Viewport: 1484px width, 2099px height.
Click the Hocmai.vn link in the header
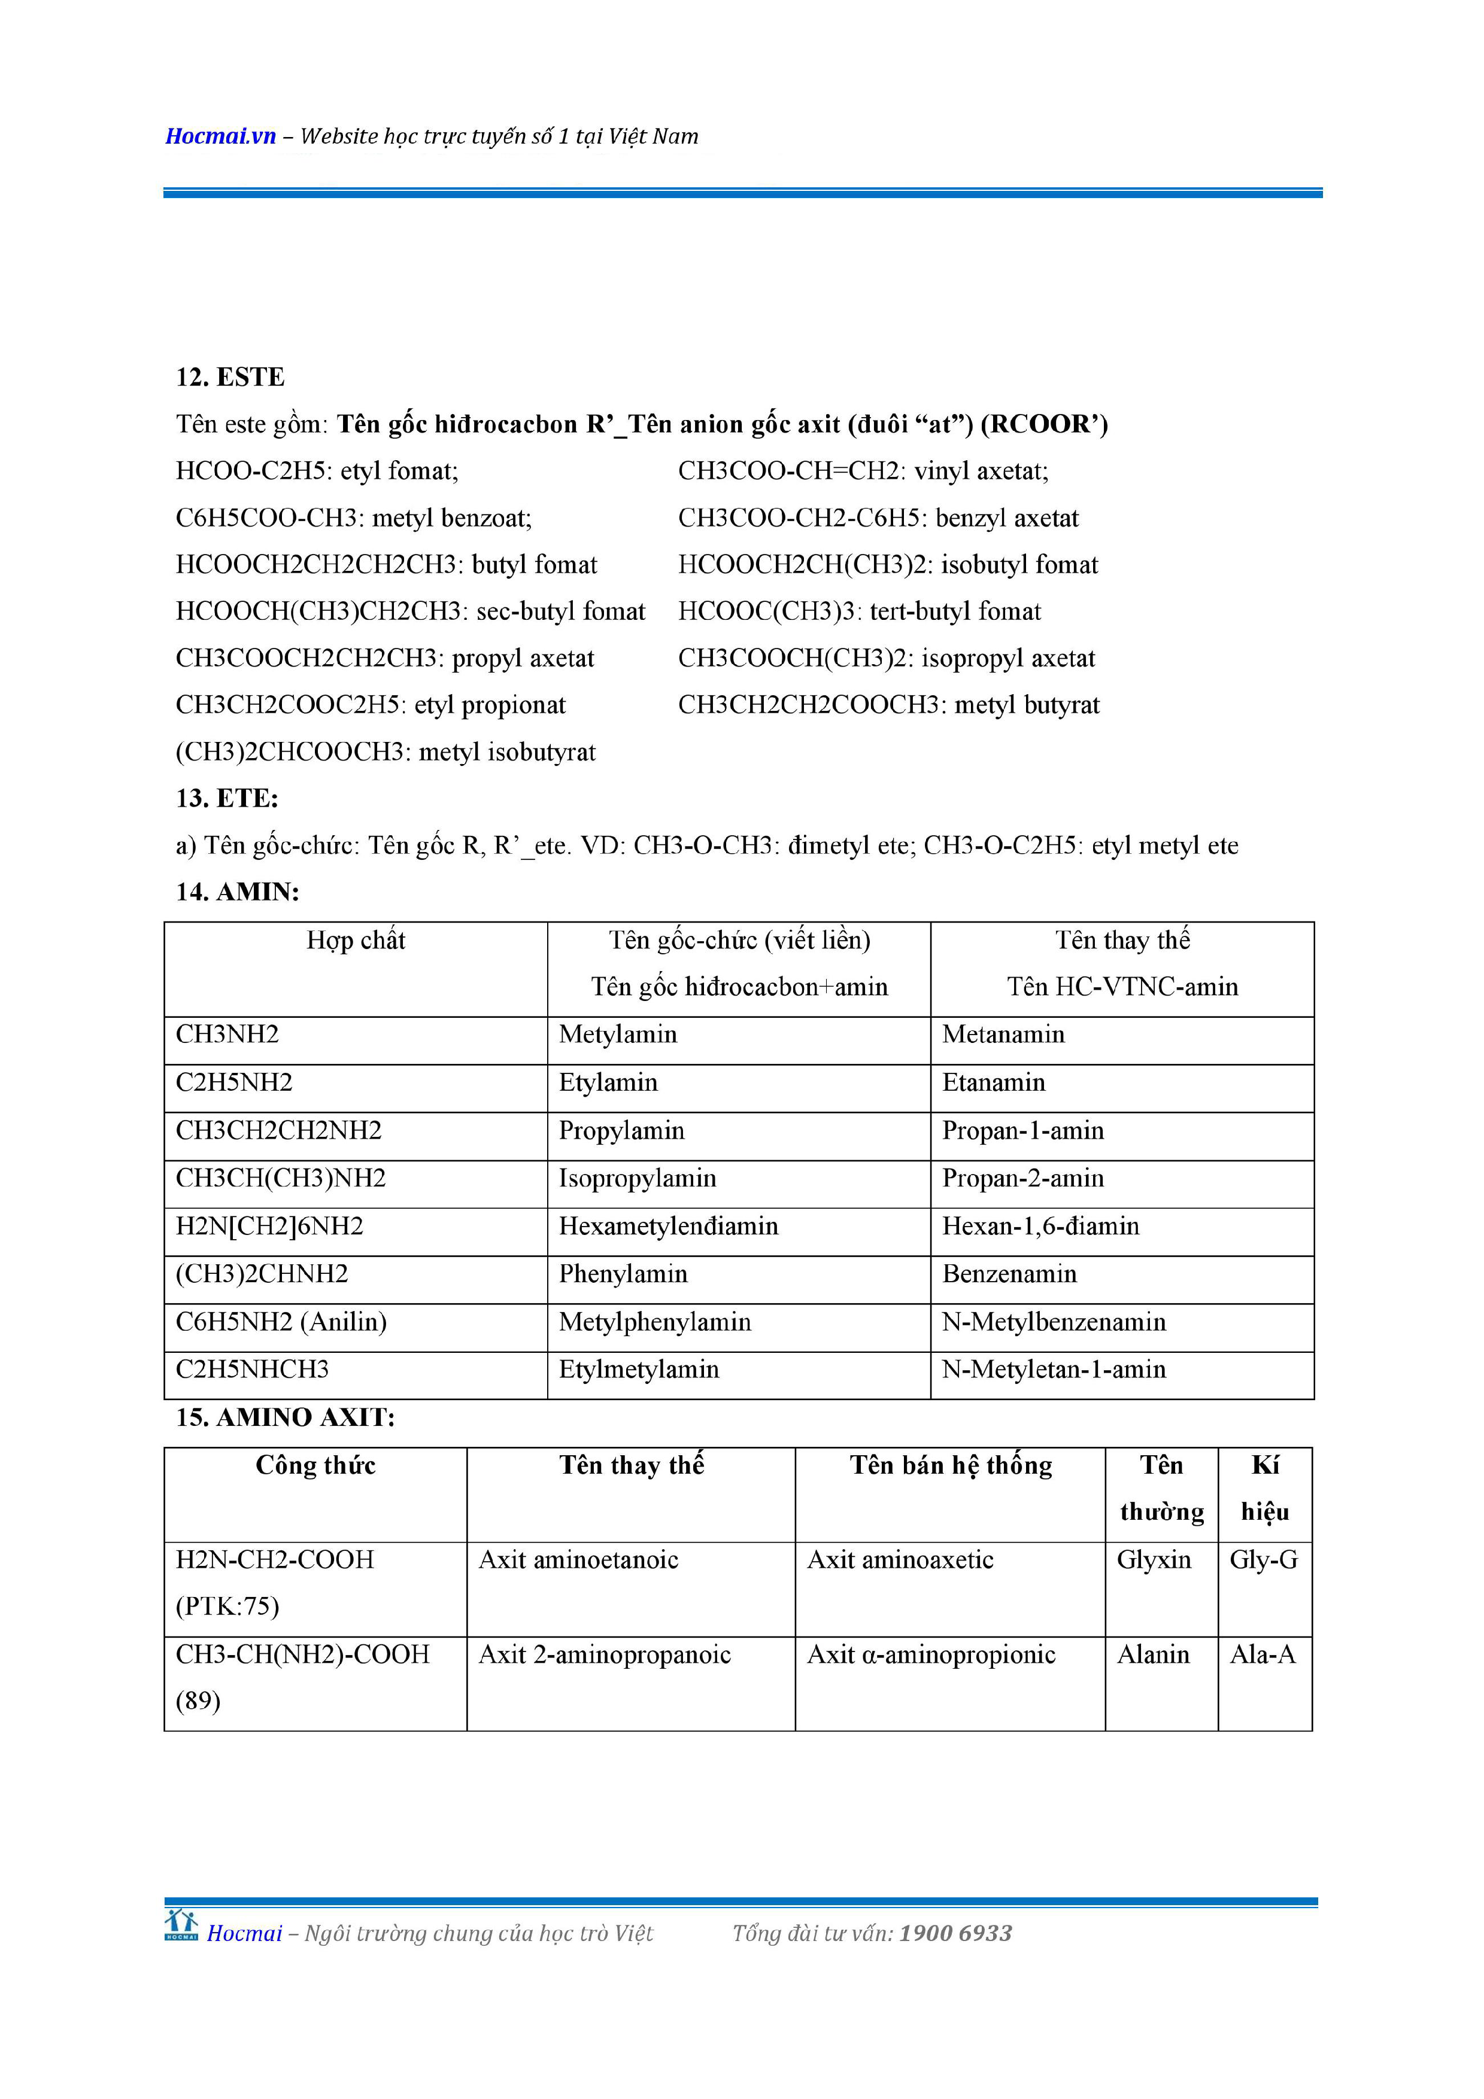[x=220, y=136]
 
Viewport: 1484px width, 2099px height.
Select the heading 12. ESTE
[x=230, y=376]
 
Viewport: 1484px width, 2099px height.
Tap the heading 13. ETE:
[x=227, y=798]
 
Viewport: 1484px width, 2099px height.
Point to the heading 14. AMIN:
[x=238, y=892]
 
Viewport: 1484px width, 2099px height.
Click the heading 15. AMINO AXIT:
[x=286, y=1417]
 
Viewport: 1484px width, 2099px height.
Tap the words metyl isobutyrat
[x=508, y=752]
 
